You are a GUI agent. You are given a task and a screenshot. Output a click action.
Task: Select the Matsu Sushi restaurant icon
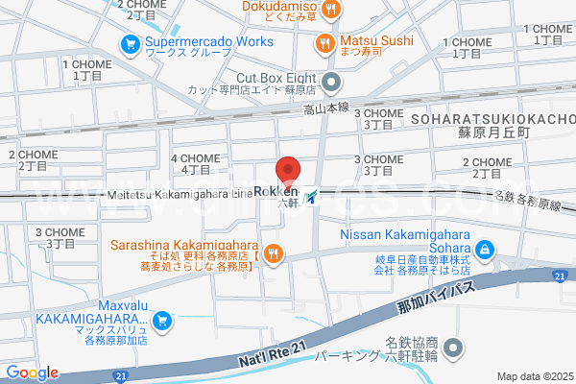[326, 42]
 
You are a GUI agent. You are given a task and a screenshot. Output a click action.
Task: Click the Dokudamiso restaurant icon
[331, 10]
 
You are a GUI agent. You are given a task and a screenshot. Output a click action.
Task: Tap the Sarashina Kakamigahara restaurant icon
[274, 253]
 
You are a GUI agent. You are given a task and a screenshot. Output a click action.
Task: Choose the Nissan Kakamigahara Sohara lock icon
[486, 250]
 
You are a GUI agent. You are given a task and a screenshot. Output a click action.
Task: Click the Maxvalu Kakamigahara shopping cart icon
[162, 320]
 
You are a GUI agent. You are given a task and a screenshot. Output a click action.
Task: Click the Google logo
[32, 372]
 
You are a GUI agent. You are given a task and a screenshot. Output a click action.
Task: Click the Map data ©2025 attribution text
[533, 375]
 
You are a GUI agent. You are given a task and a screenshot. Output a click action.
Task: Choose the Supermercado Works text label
[197, 42]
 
